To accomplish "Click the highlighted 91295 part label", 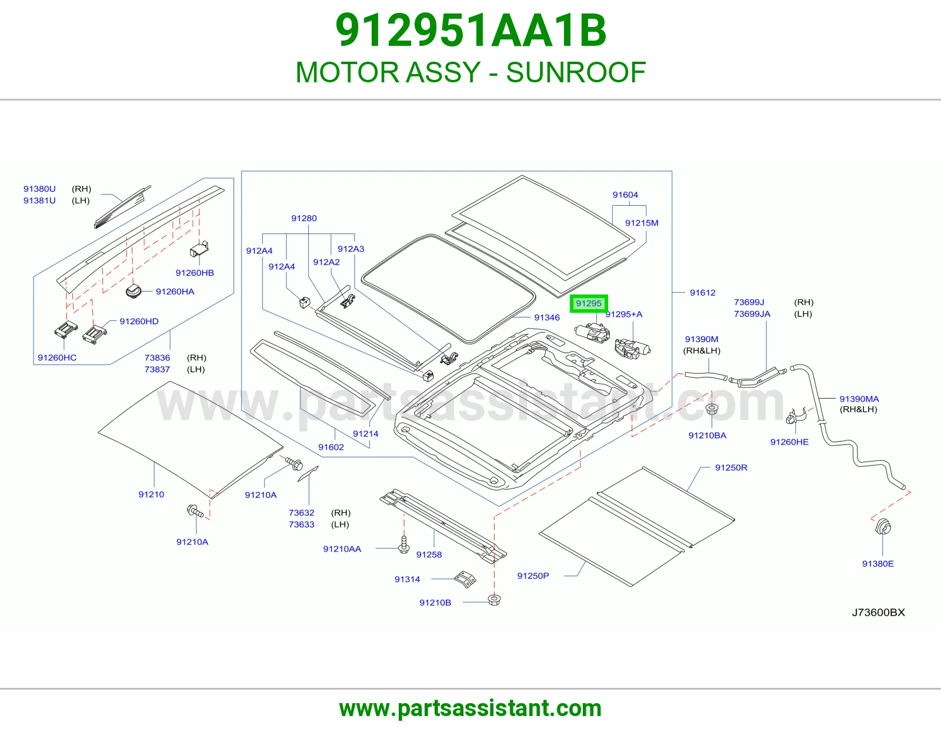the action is click(589, 303).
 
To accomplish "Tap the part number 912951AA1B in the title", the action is click(470, 31).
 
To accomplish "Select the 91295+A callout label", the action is click(623, 315).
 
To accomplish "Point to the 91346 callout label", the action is click(547, 317).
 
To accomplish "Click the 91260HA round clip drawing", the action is click(134, 290).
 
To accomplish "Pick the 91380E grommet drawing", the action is click(883, 527).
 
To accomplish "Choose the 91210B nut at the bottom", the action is click(494, 600).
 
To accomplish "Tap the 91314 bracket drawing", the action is click(465, 579).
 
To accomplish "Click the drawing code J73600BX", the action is click(878, 613).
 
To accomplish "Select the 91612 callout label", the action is click(702, 293).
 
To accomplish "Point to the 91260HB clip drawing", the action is click(199, 249).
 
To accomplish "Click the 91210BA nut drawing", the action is click(711, 409).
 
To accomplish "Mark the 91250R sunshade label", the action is click(731, 467).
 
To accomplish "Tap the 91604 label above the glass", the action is click(625, 195).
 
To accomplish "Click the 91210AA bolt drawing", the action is click(403, 544).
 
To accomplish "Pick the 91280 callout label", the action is click(303, 218).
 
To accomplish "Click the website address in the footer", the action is click(470, 708).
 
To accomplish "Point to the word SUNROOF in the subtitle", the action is click(576, 72).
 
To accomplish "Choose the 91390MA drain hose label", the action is click(859, 399).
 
